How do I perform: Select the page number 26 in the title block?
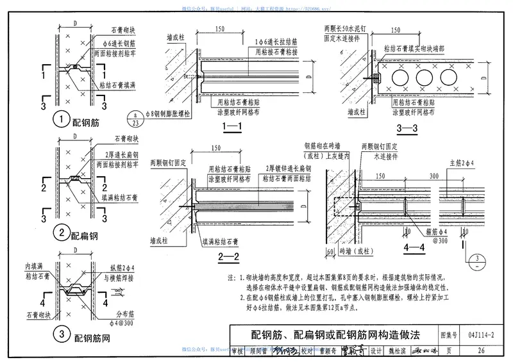(x=481, y=350)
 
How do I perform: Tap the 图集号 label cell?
(x=449, y=334)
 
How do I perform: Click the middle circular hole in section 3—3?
(x=424, y=79)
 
